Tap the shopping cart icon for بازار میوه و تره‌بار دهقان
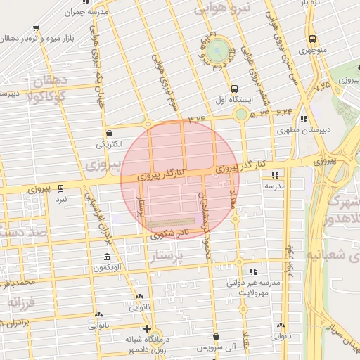(x=36, y=28)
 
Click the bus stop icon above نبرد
(x=62, y=188)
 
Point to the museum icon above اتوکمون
(x=106, y=257)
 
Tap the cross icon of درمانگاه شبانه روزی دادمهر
(x=146, y=328)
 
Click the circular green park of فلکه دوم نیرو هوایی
(x=217, y=51)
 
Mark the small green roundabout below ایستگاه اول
(x=241, y=114)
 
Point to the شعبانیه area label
(x=333, y=253)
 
